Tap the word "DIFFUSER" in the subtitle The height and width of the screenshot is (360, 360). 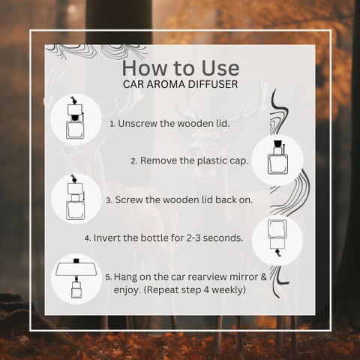[x=213, y=84]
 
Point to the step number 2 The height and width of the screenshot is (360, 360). [x=133, y=161]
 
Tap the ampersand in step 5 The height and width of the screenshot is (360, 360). [x=264, y=277]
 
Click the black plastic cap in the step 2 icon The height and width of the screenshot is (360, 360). [x=277, y=144]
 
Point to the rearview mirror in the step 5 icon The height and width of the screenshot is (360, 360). [x=76, y=268]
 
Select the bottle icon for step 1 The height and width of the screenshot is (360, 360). [x=75, y=118]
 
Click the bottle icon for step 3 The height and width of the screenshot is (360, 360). [x=75, y=197]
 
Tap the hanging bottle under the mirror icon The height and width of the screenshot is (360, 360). [x=76, y=287]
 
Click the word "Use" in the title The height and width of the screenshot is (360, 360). [x=220, y=68]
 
